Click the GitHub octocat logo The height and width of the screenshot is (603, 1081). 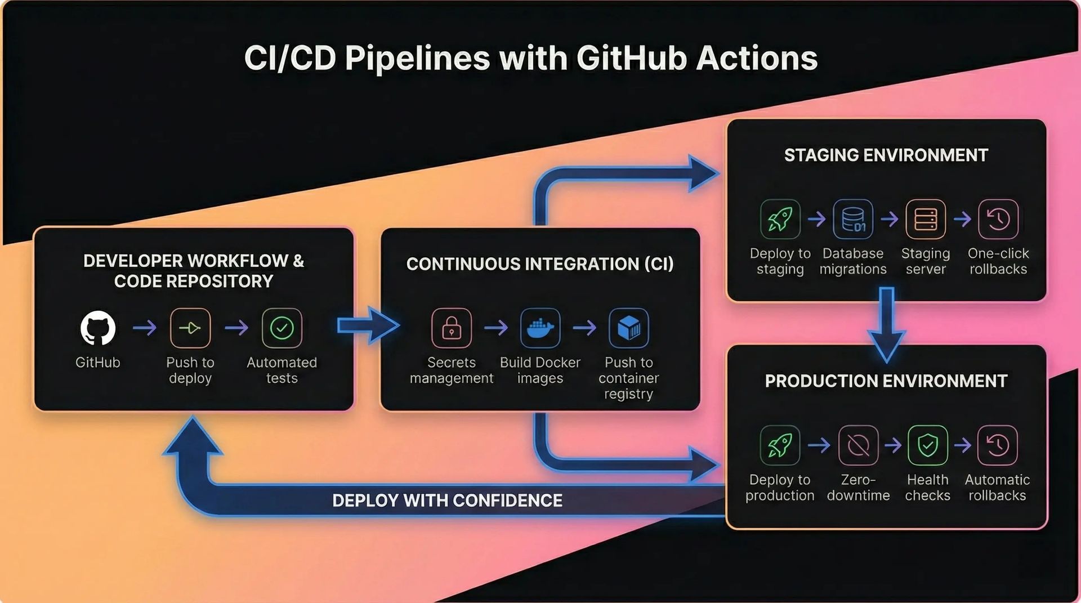[x=98, y=328]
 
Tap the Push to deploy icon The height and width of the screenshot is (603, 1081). [x=190, y=328]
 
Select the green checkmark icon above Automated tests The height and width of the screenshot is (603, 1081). [x=282, y=328]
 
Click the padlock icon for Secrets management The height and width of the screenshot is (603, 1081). [x=452, y=328]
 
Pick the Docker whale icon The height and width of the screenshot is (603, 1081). [x=540, y=328]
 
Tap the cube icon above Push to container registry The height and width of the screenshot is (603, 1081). [x=629, y=328]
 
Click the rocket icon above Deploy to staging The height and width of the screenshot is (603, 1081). [x=780, y=219]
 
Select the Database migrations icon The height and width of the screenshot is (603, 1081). [x=853, y=219]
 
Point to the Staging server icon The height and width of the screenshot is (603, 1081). [x=926, y=219]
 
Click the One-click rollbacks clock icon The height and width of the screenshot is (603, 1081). [x=998, y=219]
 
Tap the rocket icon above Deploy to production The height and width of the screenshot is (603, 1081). [x=780, y=445]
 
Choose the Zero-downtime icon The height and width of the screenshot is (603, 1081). [x=858, y=445]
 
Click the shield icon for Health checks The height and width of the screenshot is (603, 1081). [x=928, y=445]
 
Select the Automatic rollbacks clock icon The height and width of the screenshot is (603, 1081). [x=997, y=445]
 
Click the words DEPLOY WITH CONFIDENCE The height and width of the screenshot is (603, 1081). [x=447, y=501]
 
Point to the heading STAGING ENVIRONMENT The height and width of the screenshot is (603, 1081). [x=886, y=155]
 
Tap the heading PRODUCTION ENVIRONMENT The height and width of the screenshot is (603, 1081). [x=886, y=381]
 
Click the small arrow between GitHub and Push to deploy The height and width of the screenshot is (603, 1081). [x=145, y=327]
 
